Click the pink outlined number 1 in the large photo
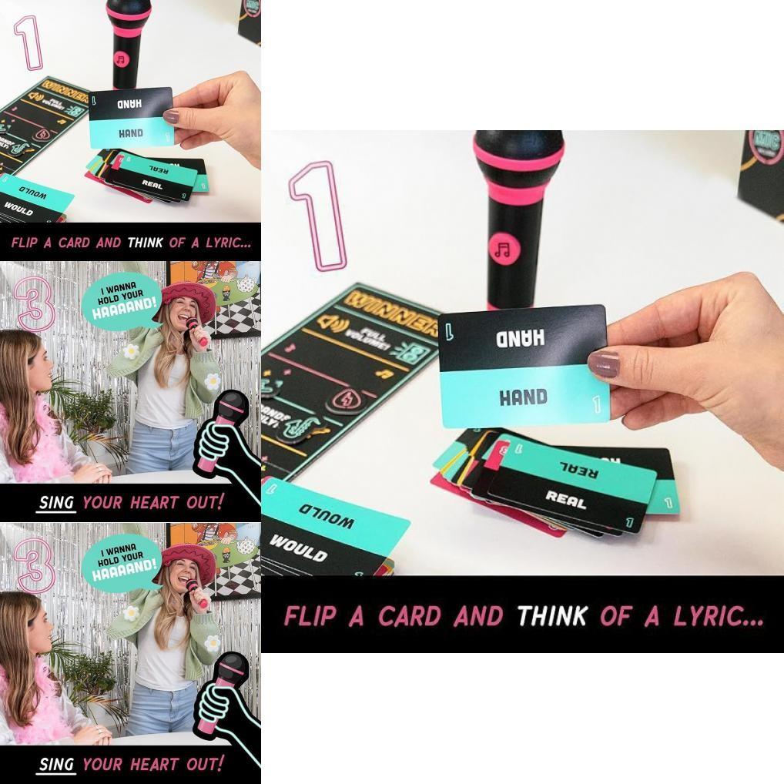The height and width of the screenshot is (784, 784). [x=317, y=216]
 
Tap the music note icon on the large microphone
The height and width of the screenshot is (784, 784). [x=504, y=249]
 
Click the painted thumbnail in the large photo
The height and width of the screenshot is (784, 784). [x=605, y=364]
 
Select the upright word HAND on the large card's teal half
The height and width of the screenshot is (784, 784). [x=523, y=397]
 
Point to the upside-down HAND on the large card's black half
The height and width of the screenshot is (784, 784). [x=521, y=337]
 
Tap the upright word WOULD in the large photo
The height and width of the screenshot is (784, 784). [x=298, y=547]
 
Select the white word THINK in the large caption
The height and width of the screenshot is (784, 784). [x=551, y=616]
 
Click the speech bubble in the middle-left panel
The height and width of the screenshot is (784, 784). [x=121, y=300]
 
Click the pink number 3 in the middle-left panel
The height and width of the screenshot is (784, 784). [x=35, y=303]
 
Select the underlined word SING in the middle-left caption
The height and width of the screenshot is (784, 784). [x=56, y=503]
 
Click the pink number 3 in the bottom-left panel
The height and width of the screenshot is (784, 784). [x=35, y=565]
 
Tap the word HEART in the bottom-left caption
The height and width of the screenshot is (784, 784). [x=153, y=765]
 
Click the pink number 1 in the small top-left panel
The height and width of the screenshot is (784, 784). [x=30, y=42]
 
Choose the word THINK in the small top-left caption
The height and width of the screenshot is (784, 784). [x=145, y=243]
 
